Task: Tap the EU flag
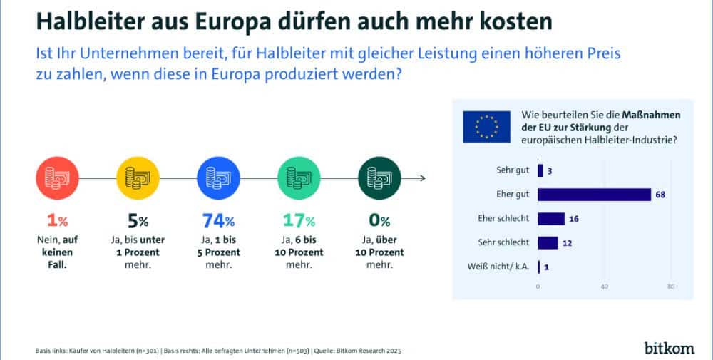[x=486, y=125]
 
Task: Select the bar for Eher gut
[x=594, y=195]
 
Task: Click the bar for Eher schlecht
[x=550, y=219]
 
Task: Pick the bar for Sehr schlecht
[x=547, y=243]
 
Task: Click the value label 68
[x=660, y=195]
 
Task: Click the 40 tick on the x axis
[x=604, y=287]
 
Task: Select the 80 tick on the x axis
[x=671, y=287]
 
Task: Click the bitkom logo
[x=668, y=348]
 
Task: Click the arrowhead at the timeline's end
[x=423, y=178]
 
